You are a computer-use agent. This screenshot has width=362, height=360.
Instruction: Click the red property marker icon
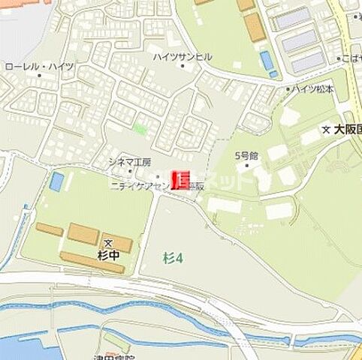182,179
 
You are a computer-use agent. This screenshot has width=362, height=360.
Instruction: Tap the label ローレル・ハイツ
39,67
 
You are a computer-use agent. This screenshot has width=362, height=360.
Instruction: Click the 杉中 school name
108,256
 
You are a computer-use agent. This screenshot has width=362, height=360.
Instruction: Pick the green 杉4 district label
173,258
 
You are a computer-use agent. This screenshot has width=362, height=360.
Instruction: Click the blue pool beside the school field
57,181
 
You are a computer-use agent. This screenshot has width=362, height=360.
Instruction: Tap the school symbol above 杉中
108,243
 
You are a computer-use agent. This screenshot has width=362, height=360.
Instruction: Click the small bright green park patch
140,128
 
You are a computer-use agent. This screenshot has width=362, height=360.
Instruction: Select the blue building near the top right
267,60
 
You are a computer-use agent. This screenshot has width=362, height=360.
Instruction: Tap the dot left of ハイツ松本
287,89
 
